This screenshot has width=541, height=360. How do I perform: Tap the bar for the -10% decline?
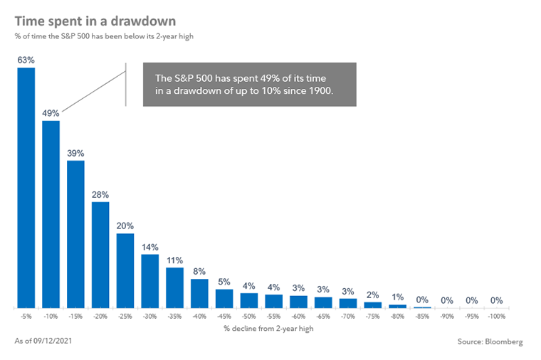coord(51,214)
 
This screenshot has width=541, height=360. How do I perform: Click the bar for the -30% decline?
coord(149,281)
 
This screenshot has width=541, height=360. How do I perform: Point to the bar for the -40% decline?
coord(199,293)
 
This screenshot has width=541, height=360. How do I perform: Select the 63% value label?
coord(26,60)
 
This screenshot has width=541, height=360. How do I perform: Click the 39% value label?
coord(75,153)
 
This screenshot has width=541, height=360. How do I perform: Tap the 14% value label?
coord(149,247)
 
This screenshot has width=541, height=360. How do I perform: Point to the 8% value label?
coord(199,271)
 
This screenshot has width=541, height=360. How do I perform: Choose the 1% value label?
coord(397,297)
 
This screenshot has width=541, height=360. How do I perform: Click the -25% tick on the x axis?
coord(125,316)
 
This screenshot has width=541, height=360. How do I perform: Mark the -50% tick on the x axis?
coord(248,316)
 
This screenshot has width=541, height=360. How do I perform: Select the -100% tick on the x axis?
coord(496,316)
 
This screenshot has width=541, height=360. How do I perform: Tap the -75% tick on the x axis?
coord(372,316)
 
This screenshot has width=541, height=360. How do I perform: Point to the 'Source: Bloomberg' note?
coord(490,342)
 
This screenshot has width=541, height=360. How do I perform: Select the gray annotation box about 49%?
coord(249,84)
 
